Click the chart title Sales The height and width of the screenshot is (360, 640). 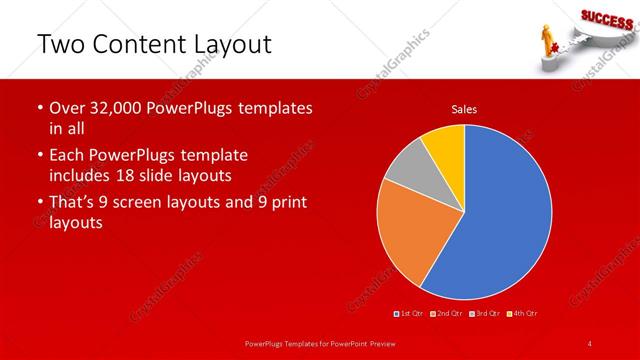(464, 108)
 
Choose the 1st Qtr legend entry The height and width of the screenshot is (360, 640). (409, 314)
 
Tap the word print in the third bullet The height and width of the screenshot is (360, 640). (284, 202)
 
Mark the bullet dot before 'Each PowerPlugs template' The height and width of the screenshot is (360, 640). (39, 156)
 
